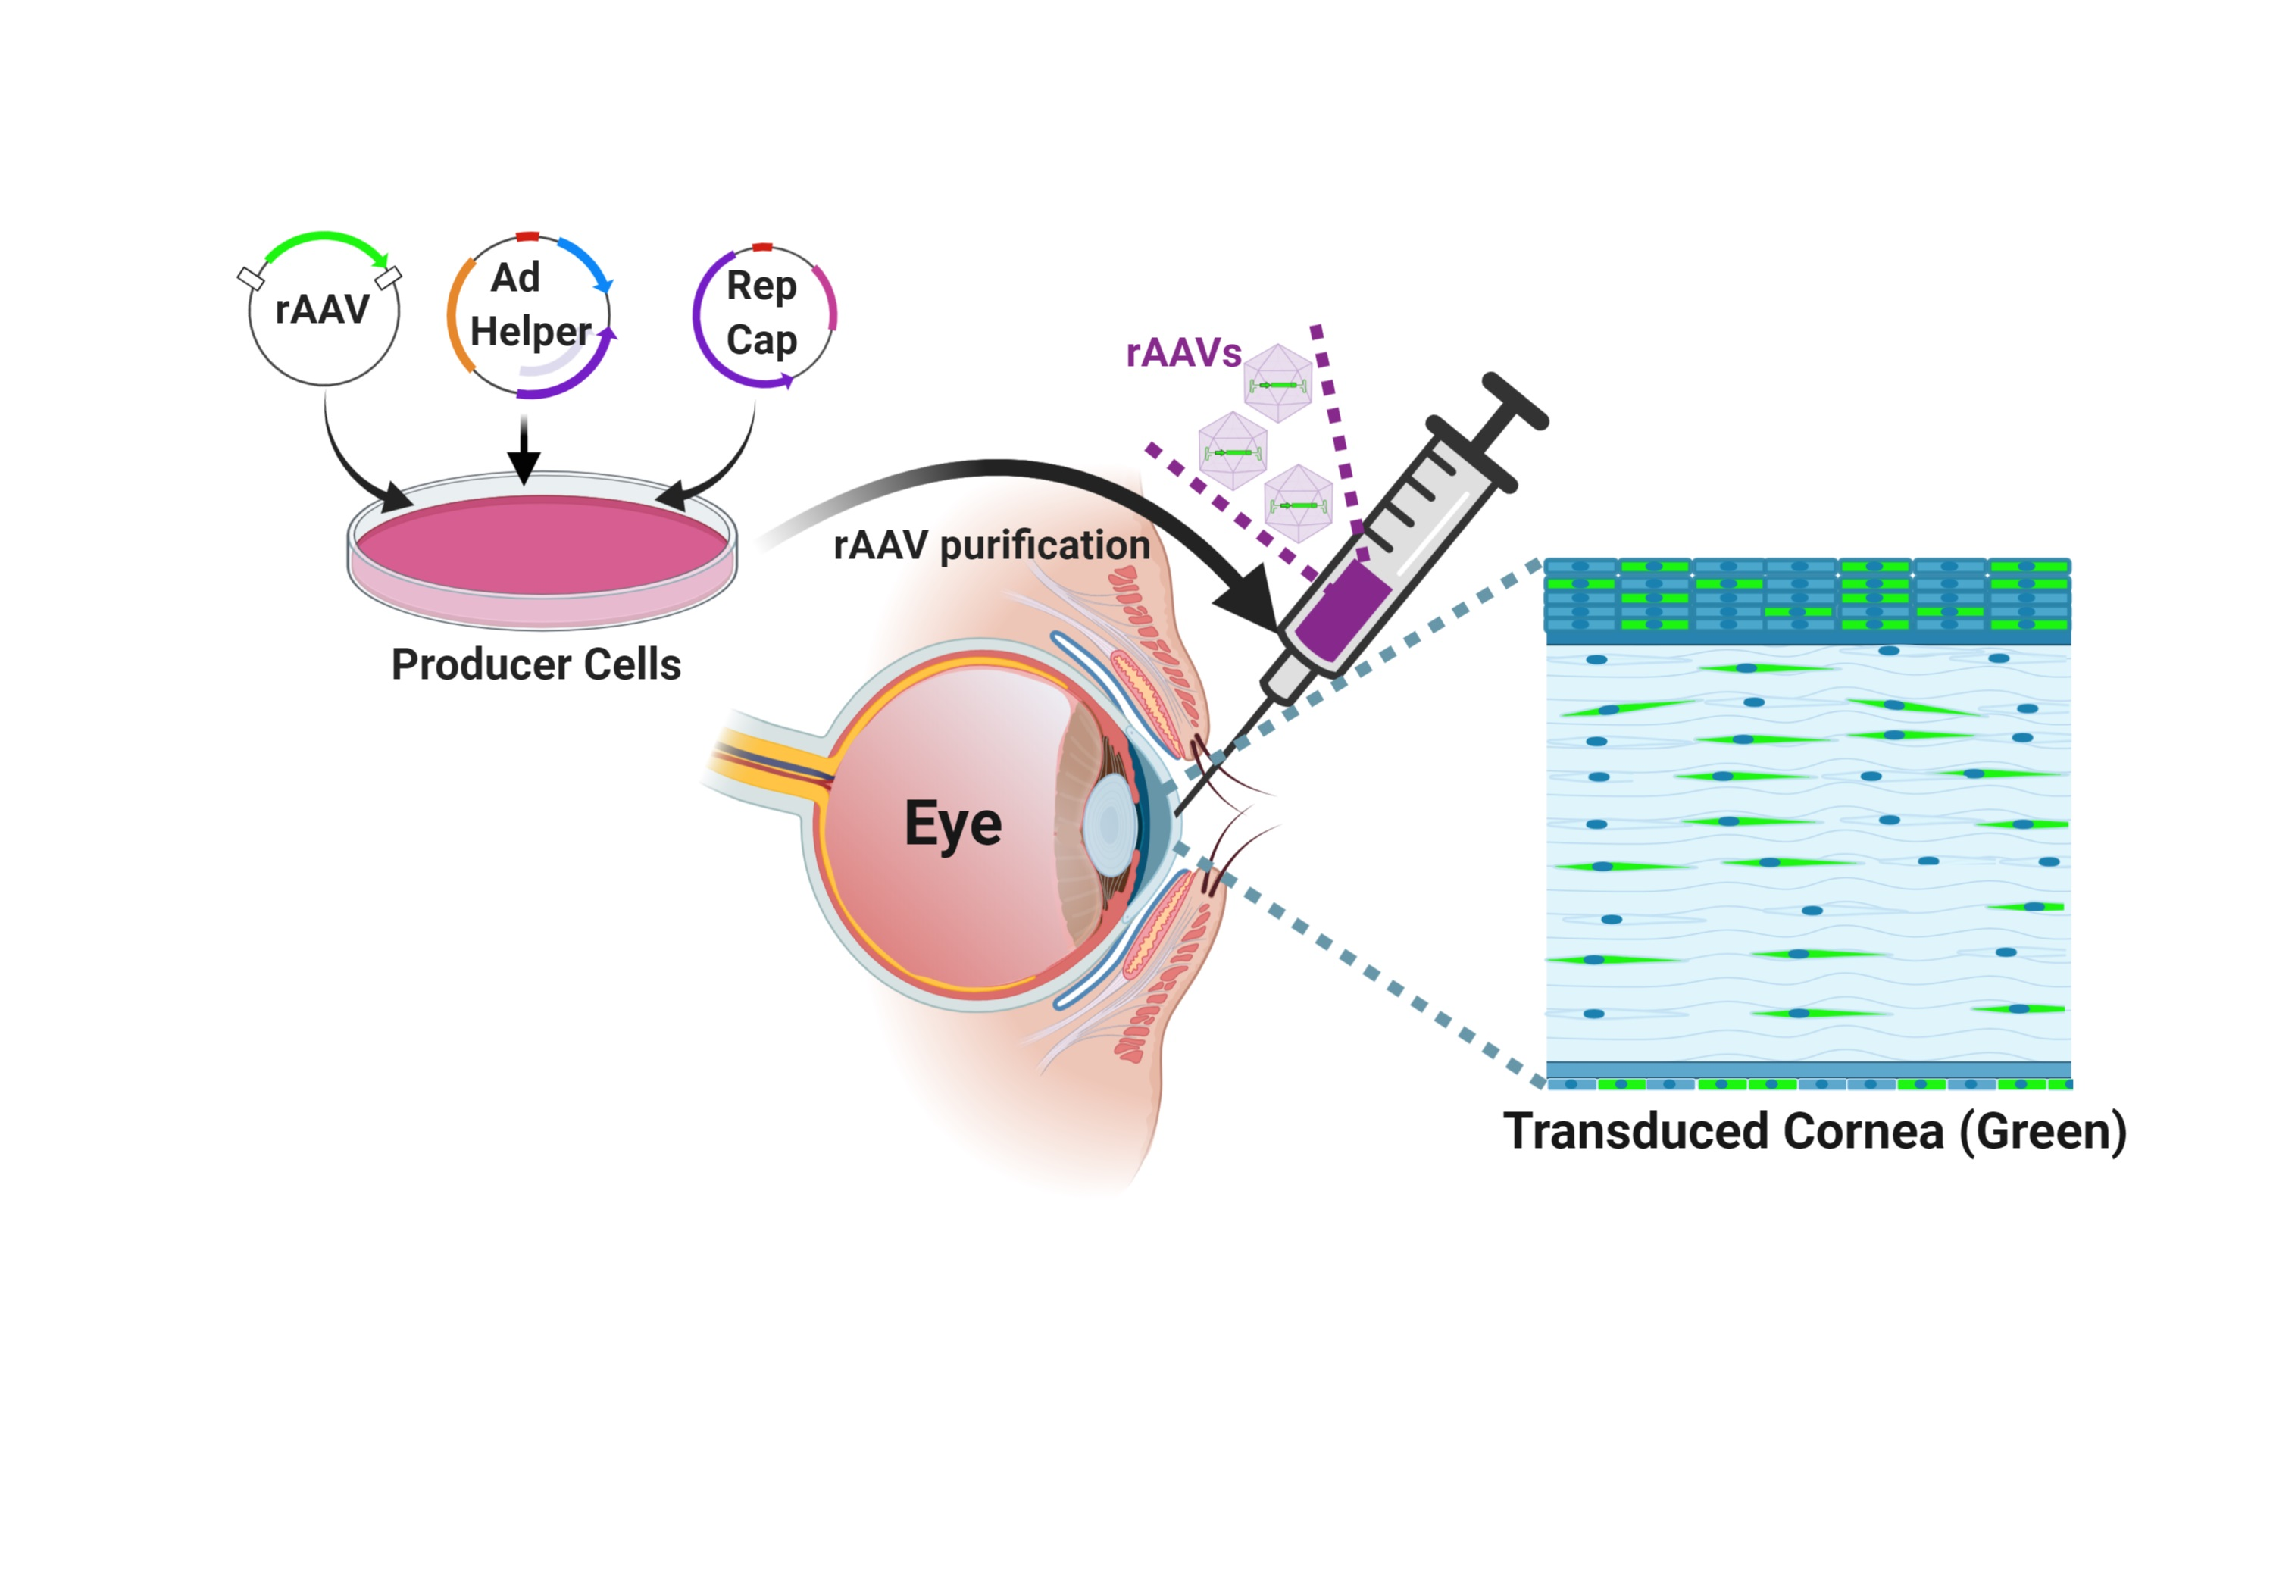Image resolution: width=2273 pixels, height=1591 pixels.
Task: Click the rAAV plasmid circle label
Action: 322,309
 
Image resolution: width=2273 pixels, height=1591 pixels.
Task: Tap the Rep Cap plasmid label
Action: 761,312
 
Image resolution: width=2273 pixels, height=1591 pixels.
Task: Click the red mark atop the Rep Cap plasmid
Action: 761,246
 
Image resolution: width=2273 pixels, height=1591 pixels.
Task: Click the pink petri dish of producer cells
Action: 542,546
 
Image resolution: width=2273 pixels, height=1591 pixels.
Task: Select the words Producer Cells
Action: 536,664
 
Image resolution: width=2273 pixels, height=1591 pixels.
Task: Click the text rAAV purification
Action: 991,545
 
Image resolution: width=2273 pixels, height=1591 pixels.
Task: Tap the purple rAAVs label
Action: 1183,354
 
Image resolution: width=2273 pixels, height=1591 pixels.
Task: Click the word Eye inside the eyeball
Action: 952,824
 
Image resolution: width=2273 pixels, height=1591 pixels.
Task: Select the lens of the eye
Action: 1108,824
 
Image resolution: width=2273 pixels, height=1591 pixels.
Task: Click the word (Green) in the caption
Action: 2043,1132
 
